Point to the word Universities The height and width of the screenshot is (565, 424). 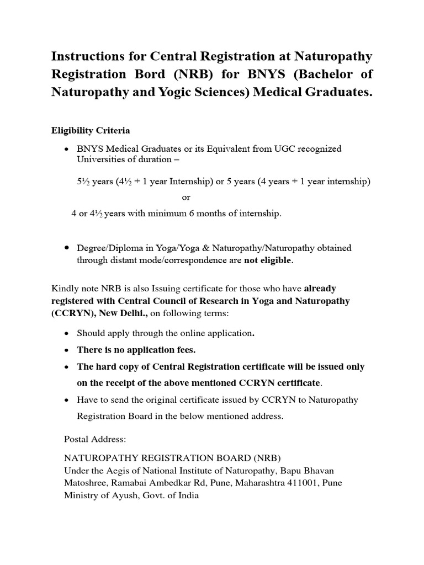pos(99,159)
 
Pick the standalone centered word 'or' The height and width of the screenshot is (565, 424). pos(186,198)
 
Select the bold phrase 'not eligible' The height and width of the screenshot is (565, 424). pos(268,260)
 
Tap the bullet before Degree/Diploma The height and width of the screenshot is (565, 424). pos(66,248)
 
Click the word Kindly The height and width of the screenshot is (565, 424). pos(63,289)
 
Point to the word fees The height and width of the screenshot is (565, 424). pos(184,350)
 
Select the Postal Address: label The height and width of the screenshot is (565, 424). pos(96,440)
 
